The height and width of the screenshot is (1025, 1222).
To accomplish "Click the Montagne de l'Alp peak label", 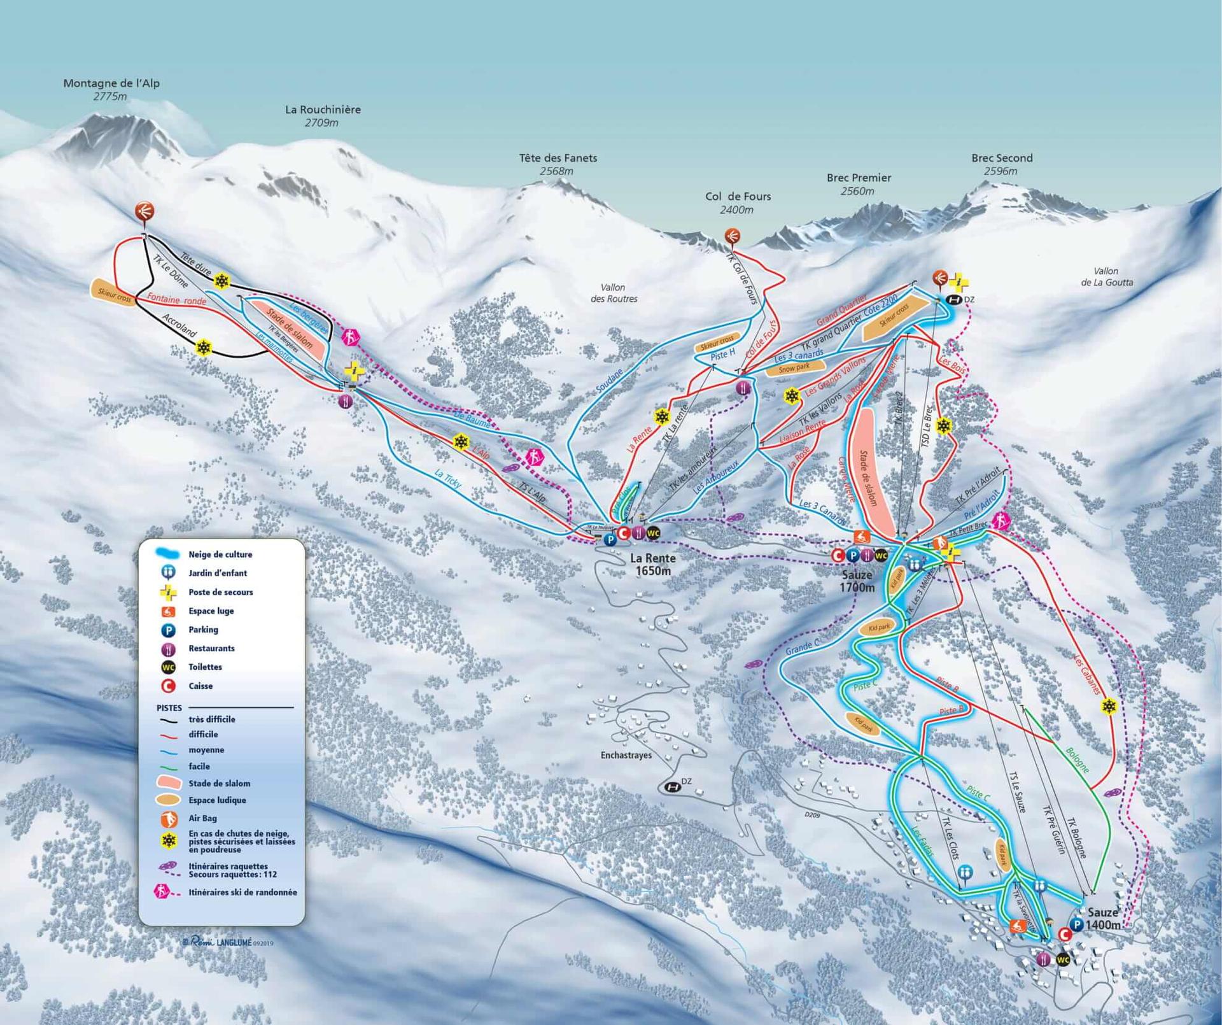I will pyautogui.click(x=111, y=83).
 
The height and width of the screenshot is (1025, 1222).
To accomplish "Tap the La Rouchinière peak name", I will pyautogui.click(x=323, y=110).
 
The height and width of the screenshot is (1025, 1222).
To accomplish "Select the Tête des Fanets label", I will pyautogui.click(x=558, y=158).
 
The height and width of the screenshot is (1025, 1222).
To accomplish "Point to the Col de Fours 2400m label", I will pyautogui.click(x=738, y=202).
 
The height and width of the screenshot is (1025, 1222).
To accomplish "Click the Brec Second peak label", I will pyautogui.click(x=1001, y=158).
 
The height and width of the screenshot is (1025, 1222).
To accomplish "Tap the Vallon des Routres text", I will pyautogui.click(x=613, y=293).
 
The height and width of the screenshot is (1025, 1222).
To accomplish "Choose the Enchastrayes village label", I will pyautogui.click(x=626, y=755).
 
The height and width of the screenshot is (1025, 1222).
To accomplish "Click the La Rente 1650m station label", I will pyautogui.click(x=652, y=564).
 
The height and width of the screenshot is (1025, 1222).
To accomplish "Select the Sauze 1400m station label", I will pyautogui.click(x=1102, y=918).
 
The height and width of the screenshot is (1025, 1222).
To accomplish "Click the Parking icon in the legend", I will pyautogui.click(x=168, y=630).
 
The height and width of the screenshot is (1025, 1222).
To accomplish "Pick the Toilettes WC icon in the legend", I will pyautogui.click(x=168, y=667).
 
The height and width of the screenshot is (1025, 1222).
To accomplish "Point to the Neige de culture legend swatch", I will pyautogui.click(x=169, y=554).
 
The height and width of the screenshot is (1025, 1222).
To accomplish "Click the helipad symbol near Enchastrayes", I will pyautogui.click(x=672, y=788).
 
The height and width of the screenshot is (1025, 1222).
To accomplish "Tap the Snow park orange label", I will pyautogui.click(x=794, y=368).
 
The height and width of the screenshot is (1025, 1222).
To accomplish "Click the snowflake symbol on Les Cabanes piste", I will pyautogui.click(x=1109, y=707).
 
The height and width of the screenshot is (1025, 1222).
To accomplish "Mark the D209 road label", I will pyautogui.click(x=811, y=814).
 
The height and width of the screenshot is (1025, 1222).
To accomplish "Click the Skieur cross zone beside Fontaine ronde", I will pyautogui.click(x=114, y=293).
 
